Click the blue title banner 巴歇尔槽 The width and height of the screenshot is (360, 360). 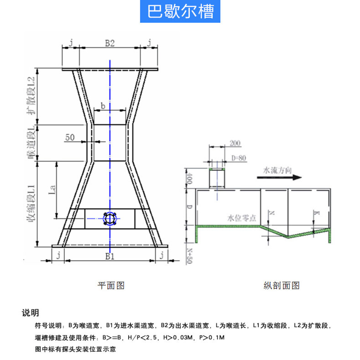[180, 11]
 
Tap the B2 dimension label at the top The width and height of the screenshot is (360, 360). [110, 43]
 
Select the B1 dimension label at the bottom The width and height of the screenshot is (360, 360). [110, 256]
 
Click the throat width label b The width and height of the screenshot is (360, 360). [103, 105]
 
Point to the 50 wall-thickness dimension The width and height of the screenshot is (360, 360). [70, 137]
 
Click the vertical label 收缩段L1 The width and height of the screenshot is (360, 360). [31, 203]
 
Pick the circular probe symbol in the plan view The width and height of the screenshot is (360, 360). [110, 219]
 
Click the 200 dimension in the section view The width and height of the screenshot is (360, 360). [235, 143]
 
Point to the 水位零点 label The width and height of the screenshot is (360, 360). [241, 218]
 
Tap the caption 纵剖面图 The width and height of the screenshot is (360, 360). [282, 286]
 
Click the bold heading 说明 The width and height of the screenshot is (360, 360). [31, 313]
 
